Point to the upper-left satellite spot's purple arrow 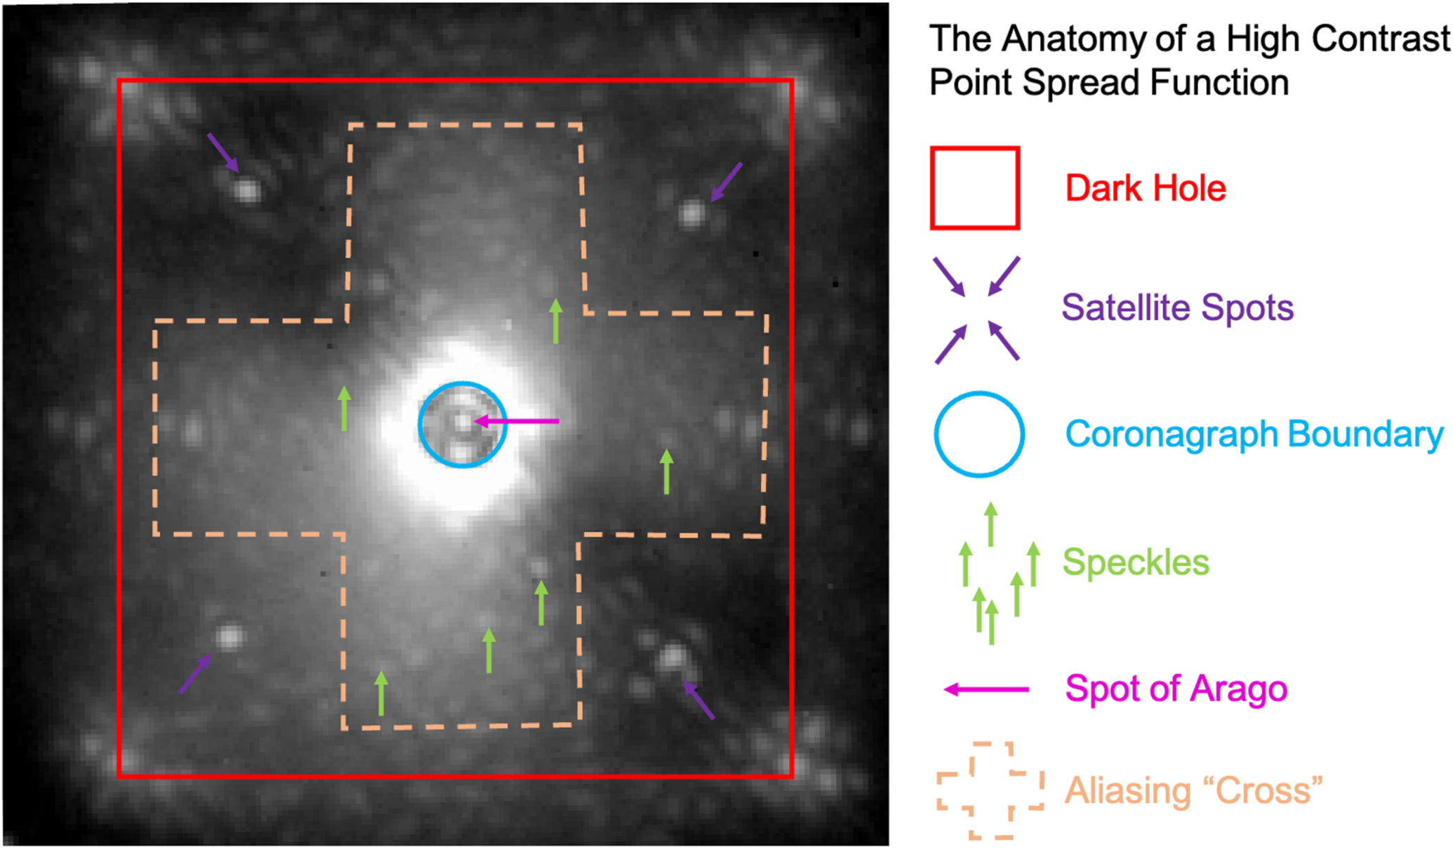click(x=223, y=152)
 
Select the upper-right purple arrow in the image click(x=726, y=182)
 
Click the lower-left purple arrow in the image click(x=195, y=674)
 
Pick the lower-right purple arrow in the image click(x=698, y=700)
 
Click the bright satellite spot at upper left click(x=246, y=190)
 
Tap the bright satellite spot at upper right click(x=691, y=213)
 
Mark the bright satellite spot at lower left click(x=228, y=637)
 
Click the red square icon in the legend click(x=974, y=188)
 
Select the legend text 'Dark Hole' click(x=1146, y=188)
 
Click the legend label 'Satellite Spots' click(x=1177, y=307)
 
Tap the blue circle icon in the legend click(x=978, y=435)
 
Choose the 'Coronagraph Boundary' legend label click(x=1254, y=434)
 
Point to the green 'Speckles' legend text click(x=1136, y=562)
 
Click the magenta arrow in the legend click(x=986, y=689)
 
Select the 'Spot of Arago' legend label click(x=1176, y=689)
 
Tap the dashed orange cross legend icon click(x=990, y=790)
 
